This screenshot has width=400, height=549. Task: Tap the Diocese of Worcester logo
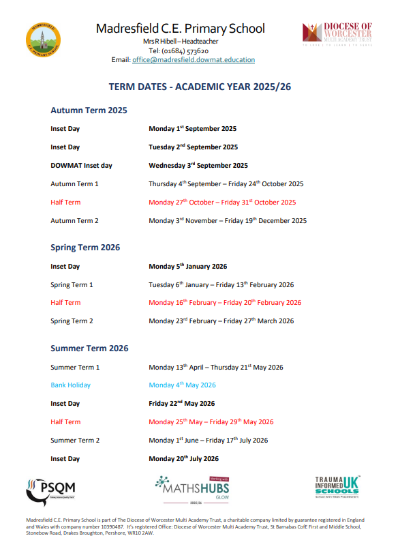point(337,33)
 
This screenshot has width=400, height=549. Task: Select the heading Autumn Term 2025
point(89,110)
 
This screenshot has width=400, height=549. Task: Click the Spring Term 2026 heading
point(85,248)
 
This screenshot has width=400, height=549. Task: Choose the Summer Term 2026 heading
point(89,348)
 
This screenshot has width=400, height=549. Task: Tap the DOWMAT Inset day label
point(81,165)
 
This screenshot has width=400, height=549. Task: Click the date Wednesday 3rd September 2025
point(198,165)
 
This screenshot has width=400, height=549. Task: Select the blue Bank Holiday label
point(70,385)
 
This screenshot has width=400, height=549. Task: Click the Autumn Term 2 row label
point(74,220)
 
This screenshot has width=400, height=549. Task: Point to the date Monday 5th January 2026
point(188,266)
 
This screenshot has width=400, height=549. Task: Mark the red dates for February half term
point(225,302)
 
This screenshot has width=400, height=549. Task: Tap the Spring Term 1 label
point(72,284)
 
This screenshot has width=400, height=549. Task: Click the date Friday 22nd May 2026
point(182,404)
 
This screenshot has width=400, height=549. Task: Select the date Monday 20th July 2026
point(184,458)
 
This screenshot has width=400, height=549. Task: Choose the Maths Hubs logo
point(191,488)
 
